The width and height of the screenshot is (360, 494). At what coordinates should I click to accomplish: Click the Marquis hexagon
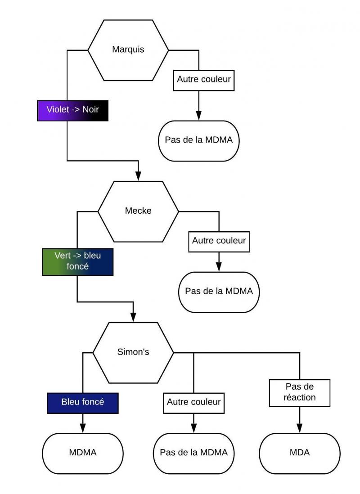pyautogui.click(x=128, y=49)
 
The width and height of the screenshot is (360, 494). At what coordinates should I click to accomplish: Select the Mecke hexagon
pyautogui.click(x=138, y=211)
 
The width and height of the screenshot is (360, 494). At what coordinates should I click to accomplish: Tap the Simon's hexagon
pyautogui.click(x=133, y=352)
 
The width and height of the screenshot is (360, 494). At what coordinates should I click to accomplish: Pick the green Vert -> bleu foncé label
pyautogui.click(x=77, y=261)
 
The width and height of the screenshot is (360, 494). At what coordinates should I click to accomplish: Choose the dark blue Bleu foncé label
pyautogui.click(x=83, y=402)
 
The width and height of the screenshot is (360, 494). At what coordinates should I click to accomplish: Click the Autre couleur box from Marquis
pyautogui.click(x=204, y=80)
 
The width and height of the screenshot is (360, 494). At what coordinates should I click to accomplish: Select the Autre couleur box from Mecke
pyautogui.click(x=219, y=241)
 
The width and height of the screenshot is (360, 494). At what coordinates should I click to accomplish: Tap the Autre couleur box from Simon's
pyautogui.click(x=194, y=402)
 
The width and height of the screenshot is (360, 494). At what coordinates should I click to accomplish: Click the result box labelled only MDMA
pyautogui.click(x=83, y=453)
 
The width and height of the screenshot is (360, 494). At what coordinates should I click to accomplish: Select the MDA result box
pyautogui.click(x=300, y=453)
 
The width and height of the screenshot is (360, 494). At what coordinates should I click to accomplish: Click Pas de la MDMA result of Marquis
pyautogui.click(x=198, y=140)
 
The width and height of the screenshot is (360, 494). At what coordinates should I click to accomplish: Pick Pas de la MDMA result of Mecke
pyautogui.click(x=219, y=292)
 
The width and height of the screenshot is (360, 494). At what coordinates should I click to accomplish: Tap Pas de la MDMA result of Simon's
pyautogui.click(x=194, y=453)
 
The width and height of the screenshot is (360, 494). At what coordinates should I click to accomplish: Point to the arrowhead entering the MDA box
pyautogui.click(x=300, y=429)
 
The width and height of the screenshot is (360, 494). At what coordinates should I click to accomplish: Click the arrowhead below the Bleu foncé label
pyautogui.click(x=83, y=429)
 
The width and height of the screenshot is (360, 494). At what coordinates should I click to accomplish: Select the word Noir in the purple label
pyautogui.click(x=94, y=110)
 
